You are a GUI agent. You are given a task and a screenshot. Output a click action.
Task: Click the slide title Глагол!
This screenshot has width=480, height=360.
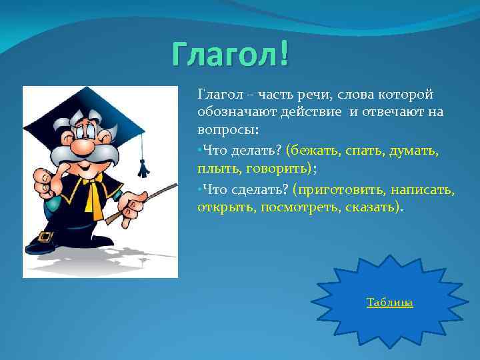(x=230, y=54)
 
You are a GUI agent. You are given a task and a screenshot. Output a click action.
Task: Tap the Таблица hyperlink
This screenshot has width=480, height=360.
(x=389, y=303)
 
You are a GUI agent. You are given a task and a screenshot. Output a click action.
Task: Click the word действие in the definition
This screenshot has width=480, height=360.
(x=309, y=112)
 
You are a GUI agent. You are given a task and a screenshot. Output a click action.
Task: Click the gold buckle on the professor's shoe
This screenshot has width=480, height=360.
(x=45, y=236)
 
